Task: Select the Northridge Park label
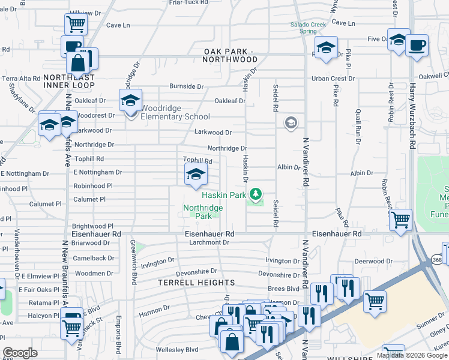tap(202, 212)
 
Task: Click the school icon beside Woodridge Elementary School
tap(130, 101)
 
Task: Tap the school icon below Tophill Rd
tap(195, 175)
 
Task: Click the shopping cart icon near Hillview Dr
tap(76, 25)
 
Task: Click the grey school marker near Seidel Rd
tap(291, 123)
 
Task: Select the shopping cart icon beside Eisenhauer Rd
tap(400, 219)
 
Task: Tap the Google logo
tap(20, 353)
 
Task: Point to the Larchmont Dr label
tap(209, 242)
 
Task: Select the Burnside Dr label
tap(186, 86)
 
